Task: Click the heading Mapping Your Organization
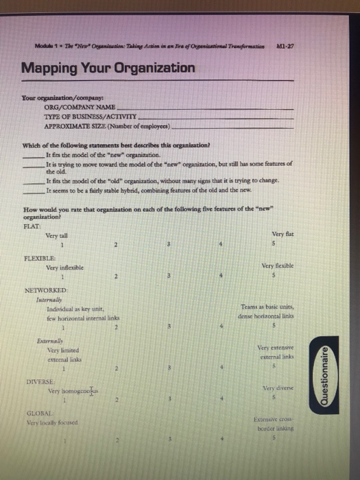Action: [108, 69]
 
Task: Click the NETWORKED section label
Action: [45, 291]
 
